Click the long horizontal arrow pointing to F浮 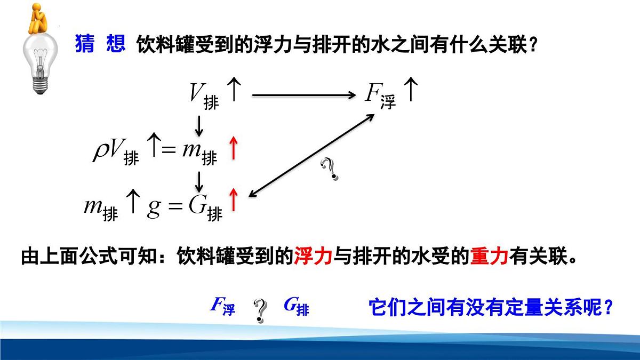click(x=303, y=95)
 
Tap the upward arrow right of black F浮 click(x=410, y=90)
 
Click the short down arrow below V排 click(x=199, y=125)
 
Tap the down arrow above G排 click(x=199, y=181)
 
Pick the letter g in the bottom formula click(x=154, y=207)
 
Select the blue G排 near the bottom click(x=296, y=306)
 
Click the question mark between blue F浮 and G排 click(x=260, y=310)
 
